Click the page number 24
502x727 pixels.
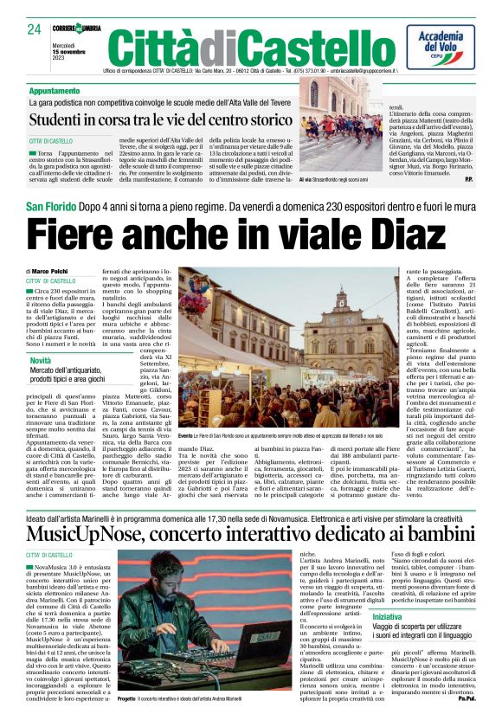35,29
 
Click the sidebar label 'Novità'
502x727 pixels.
41,359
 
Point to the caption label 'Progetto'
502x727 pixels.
127,697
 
